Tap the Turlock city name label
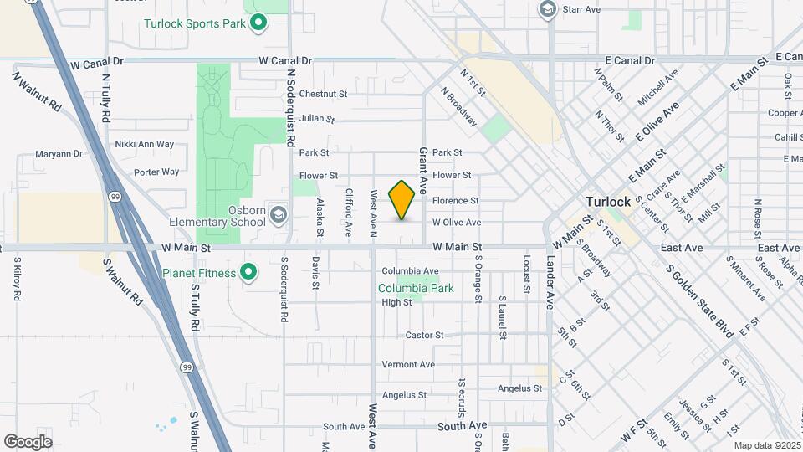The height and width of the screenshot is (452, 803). tap(608, 202)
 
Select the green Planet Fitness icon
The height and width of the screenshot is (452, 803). tap(248, 272)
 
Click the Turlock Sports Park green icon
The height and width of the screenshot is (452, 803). tap(258, 23)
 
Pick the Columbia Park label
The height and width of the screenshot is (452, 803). tap(416, 288)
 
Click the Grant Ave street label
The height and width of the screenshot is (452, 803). tap(423, 167)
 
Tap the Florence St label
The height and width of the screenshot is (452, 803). tap(455, 201)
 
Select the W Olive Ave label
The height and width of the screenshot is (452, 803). tap(456, 223)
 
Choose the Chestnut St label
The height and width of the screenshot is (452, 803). tap(322, 94)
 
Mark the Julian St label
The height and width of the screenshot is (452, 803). tap(317, 119)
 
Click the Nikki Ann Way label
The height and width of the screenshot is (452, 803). tap(144, 144)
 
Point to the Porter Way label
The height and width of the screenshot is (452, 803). tap(156, 172)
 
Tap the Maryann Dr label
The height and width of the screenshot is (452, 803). tap(59, 154)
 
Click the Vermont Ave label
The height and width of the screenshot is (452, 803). tap(408, 365)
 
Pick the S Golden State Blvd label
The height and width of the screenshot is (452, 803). tap(699, 302)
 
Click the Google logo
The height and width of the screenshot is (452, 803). tap(28, 442)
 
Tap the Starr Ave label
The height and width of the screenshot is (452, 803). tap(581, 9)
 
